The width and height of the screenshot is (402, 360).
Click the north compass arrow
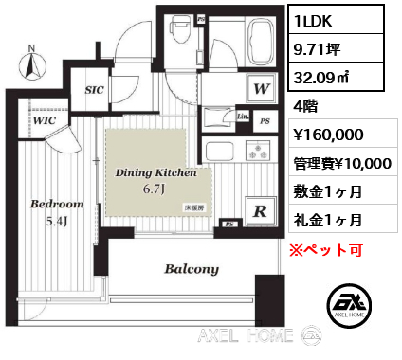31,63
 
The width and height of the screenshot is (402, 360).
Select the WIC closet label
42,121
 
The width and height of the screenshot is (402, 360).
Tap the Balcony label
192,268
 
